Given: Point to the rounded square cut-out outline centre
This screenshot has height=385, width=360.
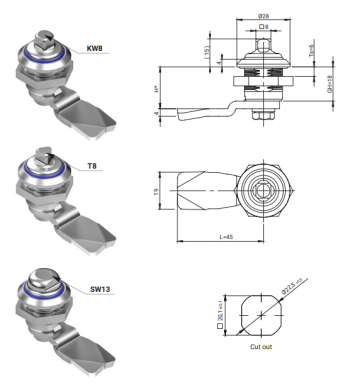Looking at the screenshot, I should (262, 313).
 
